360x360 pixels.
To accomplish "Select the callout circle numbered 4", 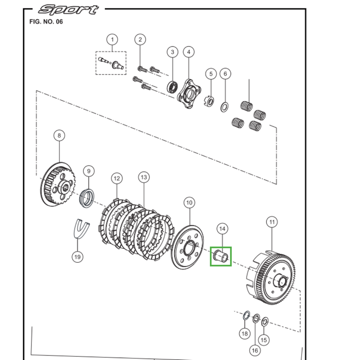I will [189, 52].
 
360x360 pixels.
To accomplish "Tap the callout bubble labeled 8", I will [59, 135].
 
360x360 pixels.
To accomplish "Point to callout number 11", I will [272, 222].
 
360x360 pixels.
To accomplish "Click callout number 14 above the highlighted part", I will [222, 229].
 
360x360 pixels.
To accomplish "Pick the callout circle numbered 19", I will [77, 257].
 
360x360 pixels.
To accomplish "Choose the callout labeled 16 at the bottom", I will [255, 350].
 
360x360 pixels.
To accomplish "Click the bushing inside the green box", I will [221, 256].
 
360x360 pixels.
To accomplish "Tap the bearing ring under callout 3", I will [171, 85].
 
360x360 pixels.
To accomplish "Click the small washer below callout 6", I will [224, 106].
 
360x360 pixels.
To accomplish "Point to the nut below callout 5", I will [208, 102].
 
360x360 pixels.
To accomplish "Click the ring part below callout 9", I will [87, 198].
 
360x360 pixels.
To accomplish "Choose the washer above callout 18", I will [247, 314].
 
